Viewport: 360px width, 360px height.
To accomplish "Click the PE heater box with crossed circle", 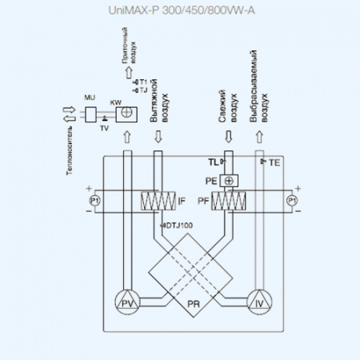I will (229, 180).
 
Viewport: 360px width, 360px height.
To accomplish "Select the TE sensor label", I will (274, 162).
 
